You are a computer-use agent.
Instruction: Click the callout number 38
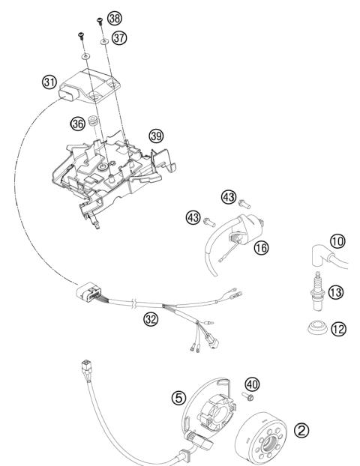click(113, 16)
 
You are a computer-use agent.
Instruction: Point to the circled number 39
click(155, 136)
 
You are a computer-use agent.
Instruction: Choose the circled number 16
click(261, 246)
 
